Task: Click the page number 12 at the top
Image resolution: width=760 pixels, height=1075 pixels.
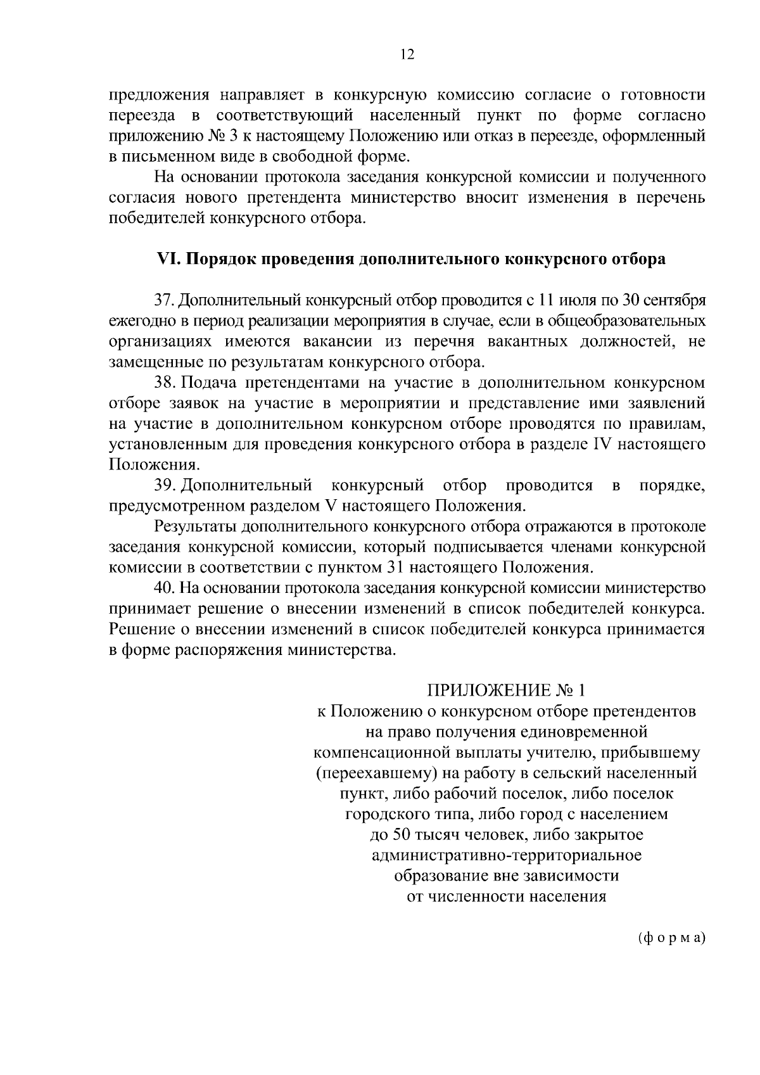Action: (x=407, y=55)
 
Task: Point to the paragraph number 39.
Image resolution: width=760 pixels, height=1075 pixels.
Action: (x=163, y=486)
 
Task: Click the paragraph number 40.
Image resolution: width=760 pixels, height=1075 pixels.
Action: (x=163, y=588)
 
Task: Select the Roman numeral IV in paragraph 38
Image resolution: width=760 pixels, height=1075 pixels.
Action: (x=600, y=445)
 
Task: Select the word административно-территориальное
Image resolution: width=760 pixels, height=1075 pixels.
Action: (x=506, y=856)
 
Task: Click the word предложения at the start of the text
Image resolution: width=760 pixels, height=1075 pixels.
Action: (x=159, y=96)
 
